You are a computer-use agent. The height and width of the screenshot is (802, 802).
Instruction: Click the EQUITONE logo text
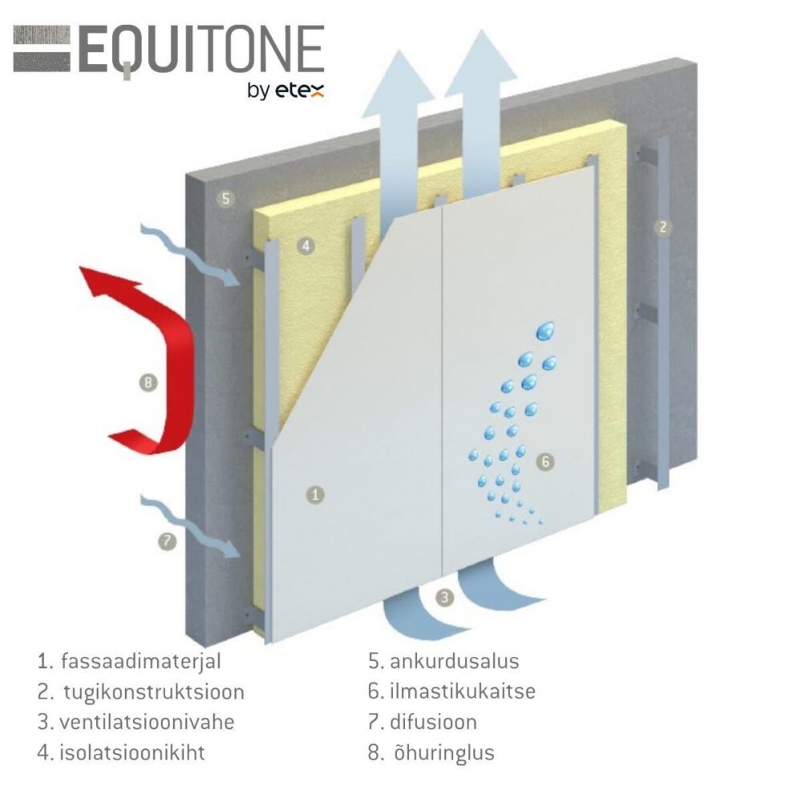(200, 51)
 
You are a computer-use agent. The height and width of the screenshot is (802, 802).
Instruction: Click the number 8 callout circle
(148, 383)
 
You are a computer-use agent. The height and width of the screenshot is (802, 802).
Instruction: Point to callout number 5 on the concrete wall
(228, 198)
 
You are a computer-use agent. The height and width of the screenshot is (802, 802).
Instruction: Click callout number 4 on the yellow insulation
(305, 246)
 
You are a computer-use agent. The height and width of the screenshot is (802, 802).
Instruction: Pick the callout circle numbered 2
(662, 227)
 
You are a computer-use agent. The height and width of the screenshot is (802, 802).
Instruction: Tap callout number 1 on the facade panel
(317, 495)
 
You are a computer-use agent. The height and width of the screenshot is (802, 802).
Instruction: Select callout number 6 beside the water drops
(544, 462)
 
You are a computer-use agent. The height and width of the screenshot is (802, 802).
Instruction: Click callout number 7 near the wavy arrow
(166, 541)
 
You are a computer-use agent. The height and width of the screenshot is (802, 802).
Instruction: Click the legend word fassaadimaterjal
(140, 662)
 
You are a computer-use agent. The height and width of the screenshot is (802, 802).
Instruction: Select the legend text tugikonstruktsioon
(153, 692)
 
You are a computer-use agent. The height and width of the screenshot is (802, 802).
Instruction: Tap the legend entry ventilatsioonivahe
(147, 722)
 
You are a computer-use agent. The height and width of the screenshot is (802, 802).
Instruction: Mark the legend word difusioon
(434, 722)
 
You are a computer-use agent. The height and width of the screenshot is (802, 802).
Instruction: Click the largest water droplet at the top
(548, 329)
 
